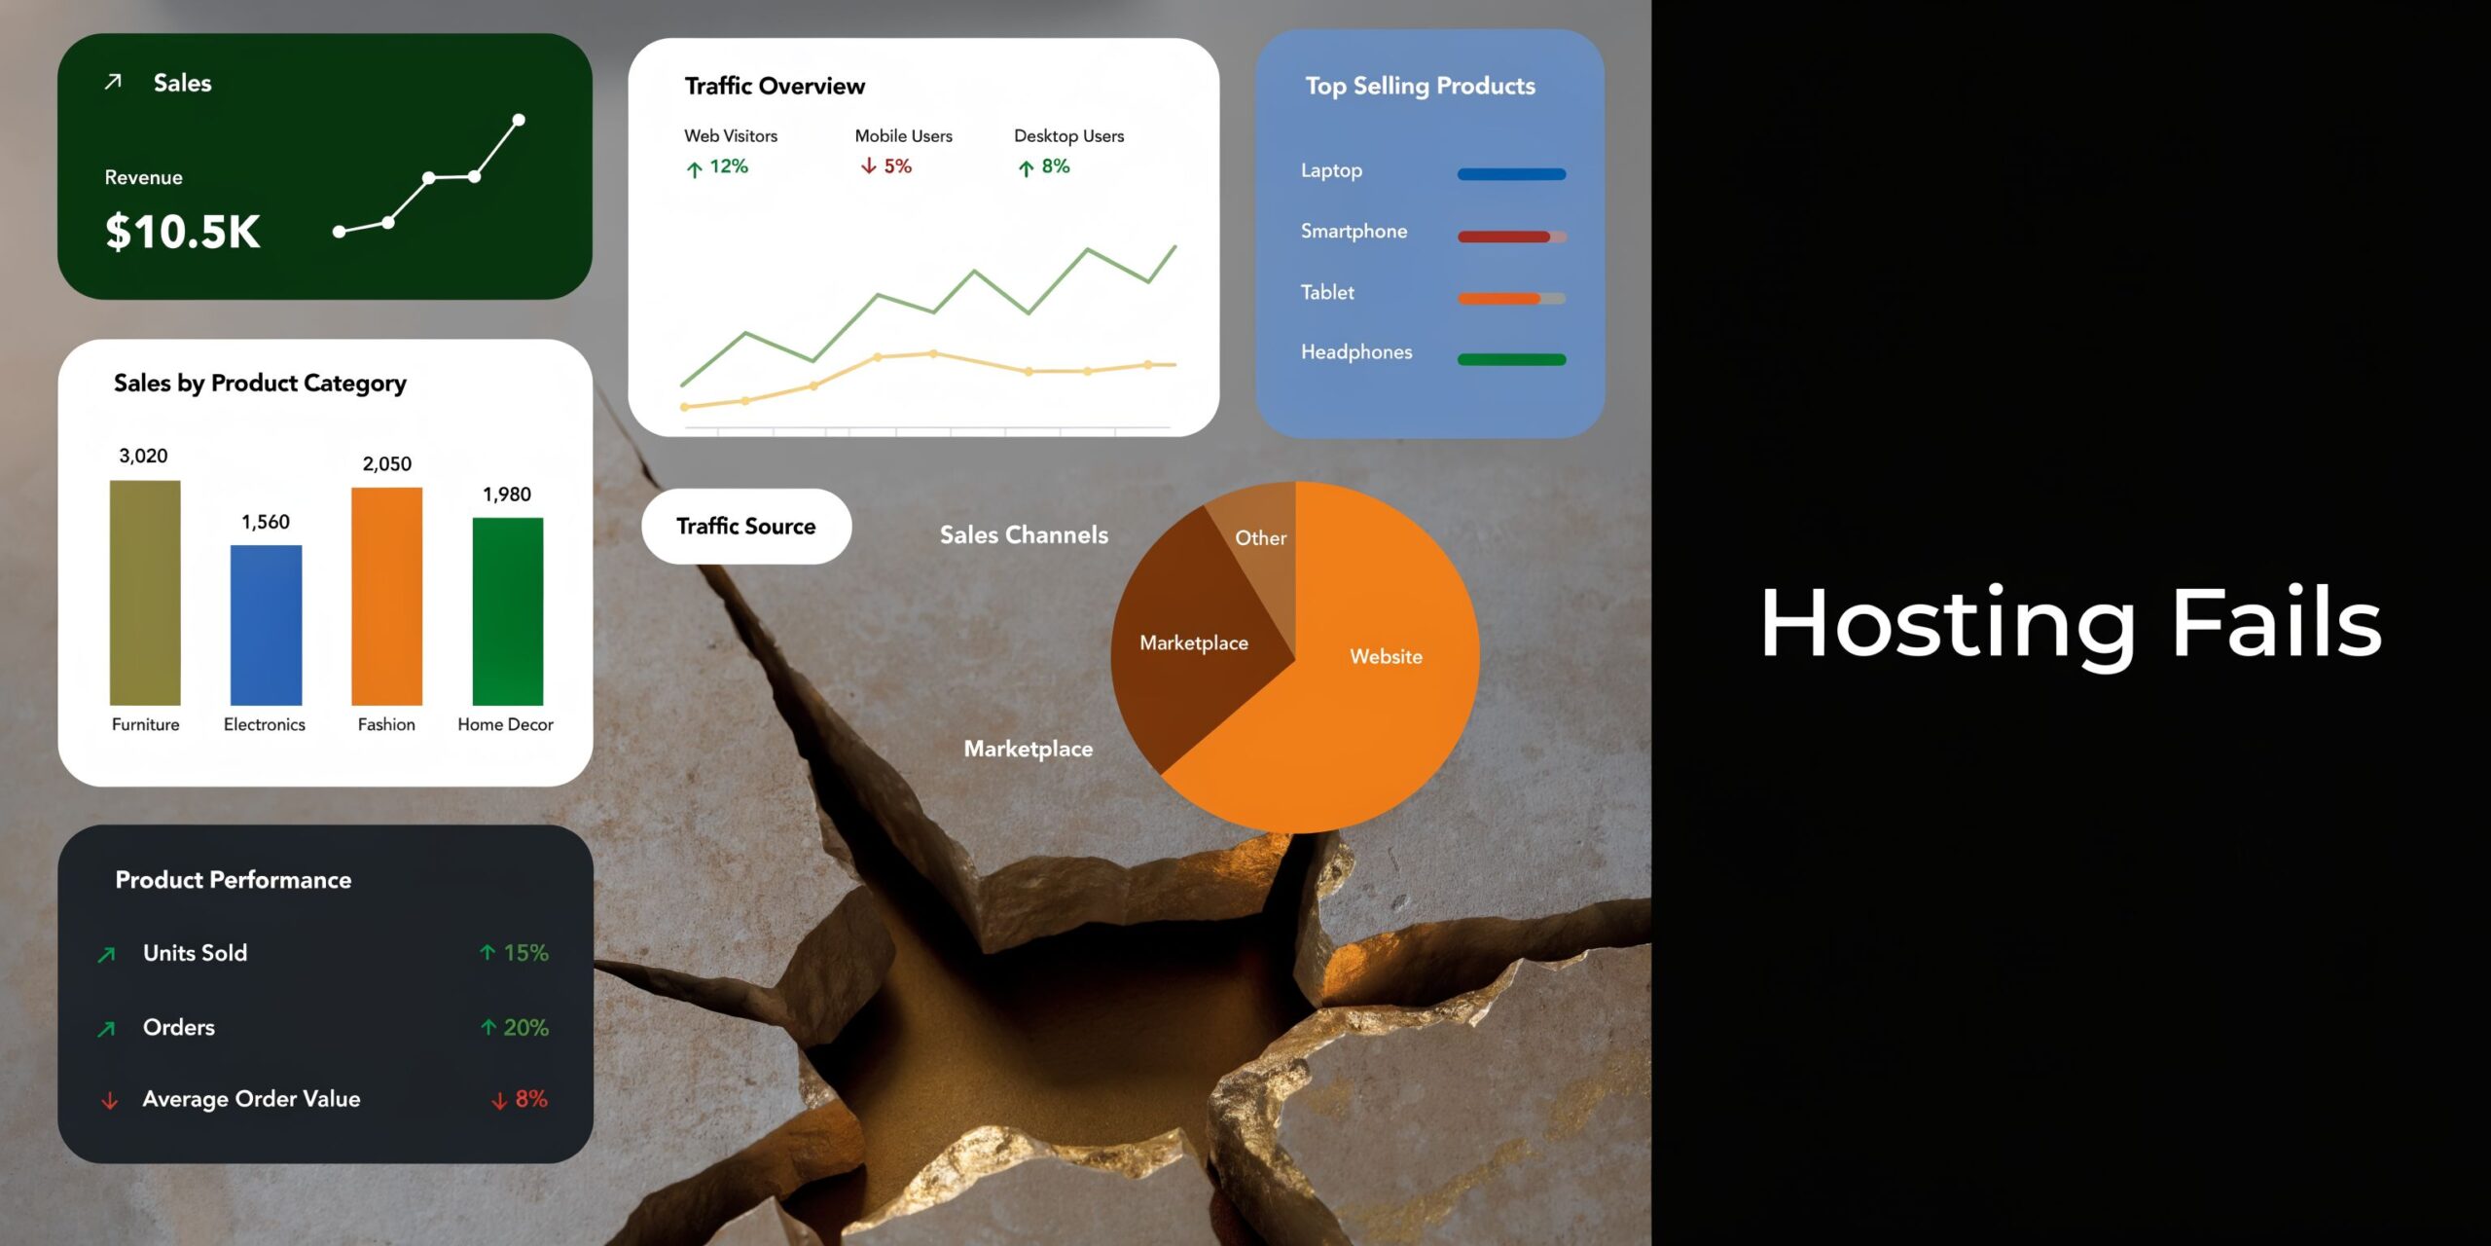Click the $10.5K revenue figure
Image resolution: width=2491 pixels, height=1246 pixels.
(x=183, y=232)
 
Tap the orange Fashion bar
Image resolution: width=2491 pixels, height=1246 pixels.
(x=386, y=596)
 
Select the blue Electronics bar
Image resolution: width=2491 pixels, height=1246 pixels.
(x=266, y=625)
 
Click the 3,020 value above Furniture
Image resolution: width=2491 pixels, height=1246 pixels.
(x=143, y=456)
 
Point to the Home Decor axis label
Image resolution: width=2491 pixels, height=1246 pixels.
(x=505, y=724)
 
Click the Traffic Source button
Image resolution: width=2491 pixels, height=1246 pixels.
(x=746, y=526)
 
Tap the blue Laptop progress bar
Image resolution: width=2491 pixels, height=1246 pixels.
(x=1511, y=174)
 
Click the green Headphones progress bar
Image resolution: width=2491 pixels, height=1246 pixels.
(x=1511, y=359)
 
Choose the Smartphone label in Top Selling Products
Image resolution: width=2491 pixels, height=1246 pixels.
(x=1354, y=231)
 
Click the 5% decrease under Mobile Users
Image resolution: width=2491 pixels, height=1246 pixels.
(x=886, y=166)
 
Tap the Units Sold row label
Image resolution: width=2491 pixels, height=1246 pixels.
(x=195, y=953)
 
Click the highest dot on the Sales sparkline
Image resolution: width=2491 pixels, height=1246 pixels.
(x=519, y=120)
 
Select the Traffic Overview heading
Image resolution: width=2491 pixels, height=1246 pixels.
(x=775, y=86)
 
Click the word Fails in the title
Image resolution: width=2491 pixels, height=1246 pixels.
(x=2276, y=623)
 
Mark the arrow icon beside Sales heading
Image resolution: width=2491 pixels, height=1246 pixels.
(x=113, y=82)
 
